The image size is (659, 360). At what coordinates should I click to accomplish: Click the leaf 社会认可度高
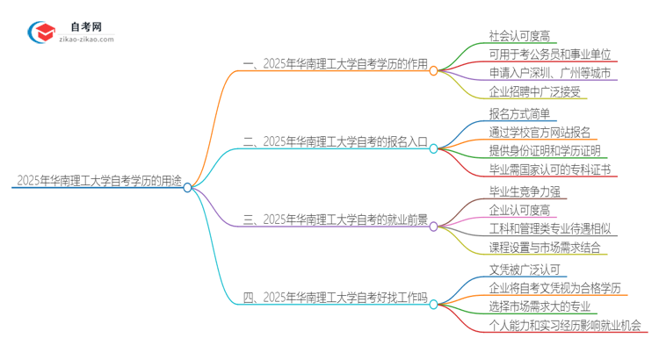tap(519, 36)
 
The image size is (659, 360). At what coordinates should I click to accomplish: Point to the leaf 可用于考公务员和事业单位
tap(550, 54)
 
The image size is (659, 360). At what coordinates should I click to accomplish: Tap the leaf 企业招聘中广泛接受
tap(534, 91)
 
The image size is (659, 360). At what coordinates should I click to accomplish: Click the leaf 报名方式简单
tap(519, 114)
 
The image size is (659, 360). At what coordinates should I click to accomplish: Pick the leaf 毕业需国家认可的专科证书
tap(550, 169)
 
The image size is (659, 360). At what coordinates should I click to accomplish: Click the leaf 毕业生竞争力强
tap(525, 191)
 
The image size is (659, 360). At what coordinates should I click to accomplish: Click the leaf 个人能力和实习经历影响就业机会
tap(565, 325)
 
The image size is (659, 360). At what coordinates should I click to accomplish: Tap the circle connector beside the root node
tap(187, 187)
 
